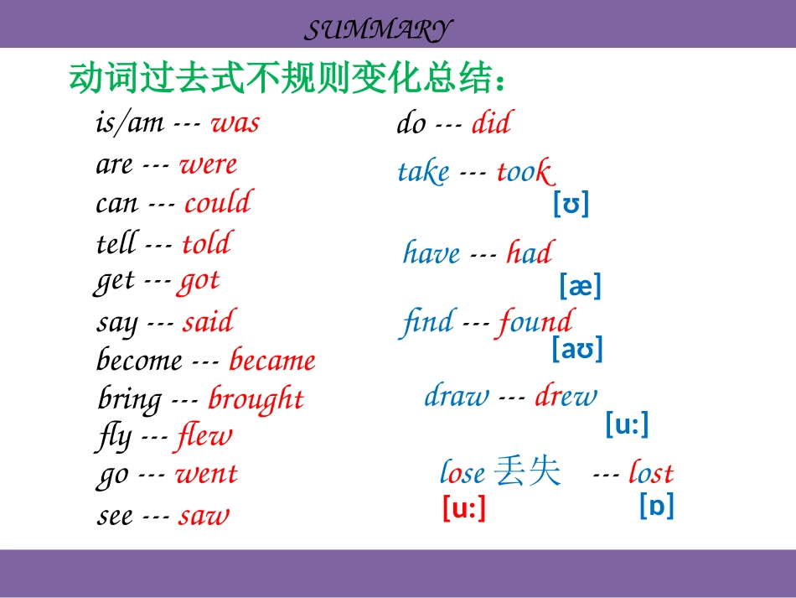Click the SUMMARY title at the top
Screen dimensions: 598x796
[x=377, y=31]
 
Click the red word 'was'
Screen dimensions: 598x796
[x=235, y=123]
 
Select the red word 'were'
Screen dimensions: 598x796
[x=208, y=164]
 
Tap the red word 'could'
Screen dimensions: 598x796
[x=218, y=203]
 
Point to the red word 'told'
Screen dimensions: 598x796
[x=206, y=244]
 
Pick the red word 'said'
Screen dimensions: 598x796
[x=208, y=322]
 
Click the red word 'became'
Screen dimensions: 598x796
[x=272, y=361]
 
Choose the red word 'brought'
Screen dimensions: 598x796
[x=256, y=399]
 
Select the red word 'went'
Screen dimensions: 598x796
[x=206, y=475]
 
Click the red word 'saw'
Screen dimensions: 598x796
[x=204, y=516]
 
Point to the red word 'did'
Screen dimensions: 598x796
[x=491, y=124]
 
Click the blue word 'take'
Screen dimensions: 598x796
[x=423, y=173]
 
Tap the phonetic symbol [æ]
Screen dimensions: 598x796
[x=580, y=287]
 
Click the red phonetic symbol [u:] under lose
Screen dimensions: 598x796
[x=464, y=508]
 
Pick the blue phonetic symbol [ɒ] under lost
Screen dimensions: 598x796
[x=657, y=506]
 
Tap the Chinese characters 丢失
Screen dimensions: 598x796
[x=527, y=471]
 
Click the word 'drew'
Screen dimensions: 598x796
[x=566, y=396]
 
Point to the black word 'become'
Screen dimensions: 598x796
[x=139, y=361]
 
